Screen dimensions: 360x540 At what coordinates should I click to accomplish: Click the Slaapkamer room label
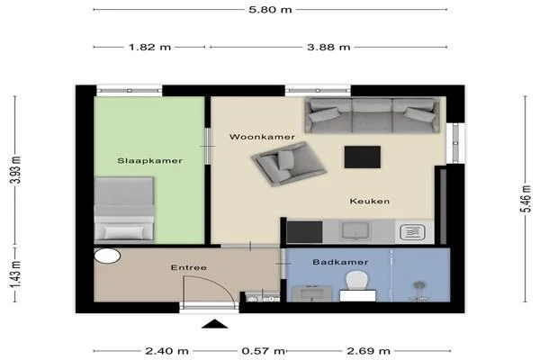[x=150, y=161]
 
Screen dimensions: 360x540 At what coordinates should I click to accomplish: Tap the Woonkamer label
[x=262, y=137]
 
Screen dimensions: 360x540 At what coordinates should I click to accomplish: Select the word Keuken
[x=370, y=202]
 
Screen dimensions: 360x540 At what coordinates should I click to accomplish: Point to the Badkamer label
[x=336, y=262]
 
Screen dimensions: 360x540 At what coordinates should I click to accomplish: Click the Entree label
[x=189, y=267]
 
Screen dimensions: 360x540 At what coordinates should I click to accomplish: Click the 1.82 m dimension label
[x=149, y=47]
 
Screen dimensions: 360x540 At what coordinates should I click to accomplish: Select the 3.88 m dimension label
[x=329, y=47]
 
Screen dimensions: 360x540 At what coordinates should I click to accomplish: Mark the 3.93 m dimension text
[x=15, y=169]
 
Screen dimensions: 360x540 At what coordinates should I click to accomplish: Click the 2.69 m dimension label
[x=370, y=350]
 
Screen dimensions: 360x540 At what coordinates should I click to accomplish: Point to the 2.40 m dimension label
[x=167, y=350]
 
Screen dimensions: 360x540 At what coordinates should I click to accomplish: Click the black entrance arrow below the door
[x=214, y=326]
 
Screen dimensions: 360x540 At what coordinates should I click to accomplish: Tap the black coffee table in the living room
[x=363, y=157]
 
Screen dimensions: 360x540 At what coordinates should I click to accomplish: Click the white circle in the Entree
[x=107, y=256]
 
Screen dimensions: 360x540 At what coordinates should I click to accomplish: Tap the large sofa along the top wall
[x=370, y=115]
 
